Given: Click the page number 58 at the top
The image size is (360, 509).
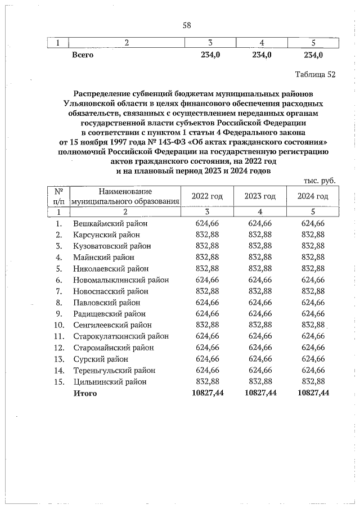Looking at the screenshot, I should pos(187,25).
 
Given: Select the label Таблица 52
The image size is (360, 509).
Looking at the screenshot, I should pos(315,75).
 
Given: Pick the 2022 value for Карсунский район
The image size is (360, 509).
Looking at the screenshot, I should pos(208,235).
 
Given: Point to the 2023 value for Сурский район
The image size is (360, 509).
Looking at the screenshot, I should pos(260,358).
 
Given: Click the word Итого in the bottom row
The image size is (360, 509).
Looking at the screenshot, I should pos(85,393).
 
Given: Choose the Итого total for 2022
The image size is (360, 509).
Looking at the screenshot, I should pos(208,393).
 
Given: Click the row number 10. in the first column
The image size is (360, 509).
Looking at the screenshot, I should pos(59,325).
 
